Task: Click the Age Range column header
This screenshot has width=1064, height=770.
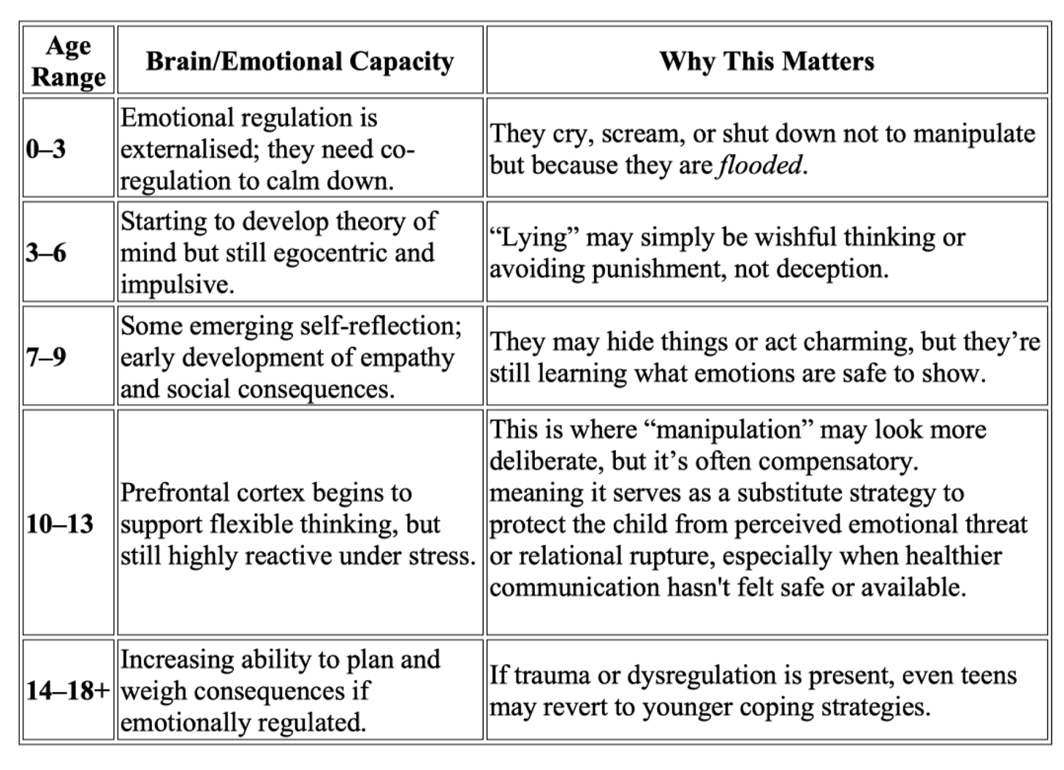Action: pyautogui.click(x=68, y=61)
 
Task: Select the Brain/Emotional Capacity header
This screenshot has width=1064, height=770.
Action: pyautogui.click(x=300, y=61)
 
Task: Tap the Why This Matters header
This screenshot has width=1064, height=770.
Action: pyautogui.click(x=767, y=61)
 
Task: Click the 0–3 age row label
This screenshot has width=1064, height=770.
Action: pyautogui.click(x=46, y=149)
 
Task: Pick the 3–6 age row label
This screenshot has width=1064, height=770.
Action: pyautogui.click(x=46, y=253)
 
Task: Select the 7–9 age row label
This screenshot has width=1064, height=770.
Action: pyautogui.click(x=46, y=357)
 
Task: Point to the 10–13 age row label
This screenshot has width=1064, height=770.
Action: pyautogui.click(x=60, y=524)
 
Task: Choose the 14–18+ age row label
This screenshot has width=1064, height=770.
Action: pyautogui.click(x=68, y=690)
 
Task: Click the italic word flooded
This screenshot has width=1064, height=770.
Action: pyautogui.click(x=760, y=165)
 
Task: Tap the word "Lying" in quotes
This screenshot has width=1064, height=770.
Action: pyautogui.click(x=533, y=237)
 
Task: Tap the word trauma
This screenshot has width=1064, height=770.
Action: pyautogui.click(x=552, y=675)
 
